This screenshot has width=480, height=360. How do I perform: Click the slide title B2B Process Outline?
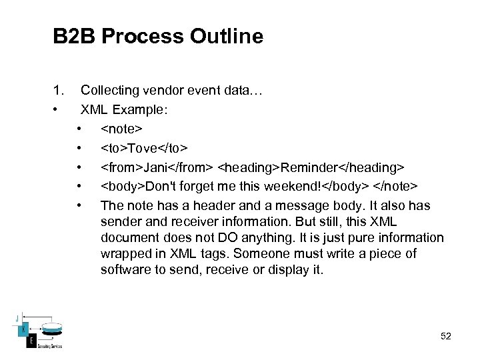[158, 36]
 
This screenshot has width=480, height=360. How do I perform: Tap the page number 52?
[446, 336]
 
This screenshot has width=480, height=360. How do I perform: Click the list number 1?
[59, 90]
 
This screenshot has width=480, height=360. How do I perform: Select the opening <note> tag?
[121, 127]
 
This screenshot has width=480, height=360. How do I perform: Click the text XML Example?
[124, 109]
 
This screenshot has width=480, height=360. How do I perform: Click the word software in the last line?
[124, 269]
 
